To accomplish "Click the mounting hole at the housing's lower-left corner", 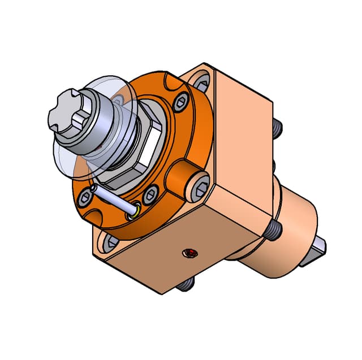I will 109,243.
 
